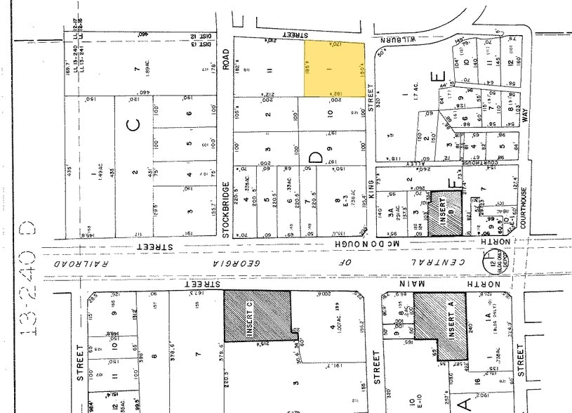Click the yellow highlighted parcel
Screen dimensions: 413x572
335,69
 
